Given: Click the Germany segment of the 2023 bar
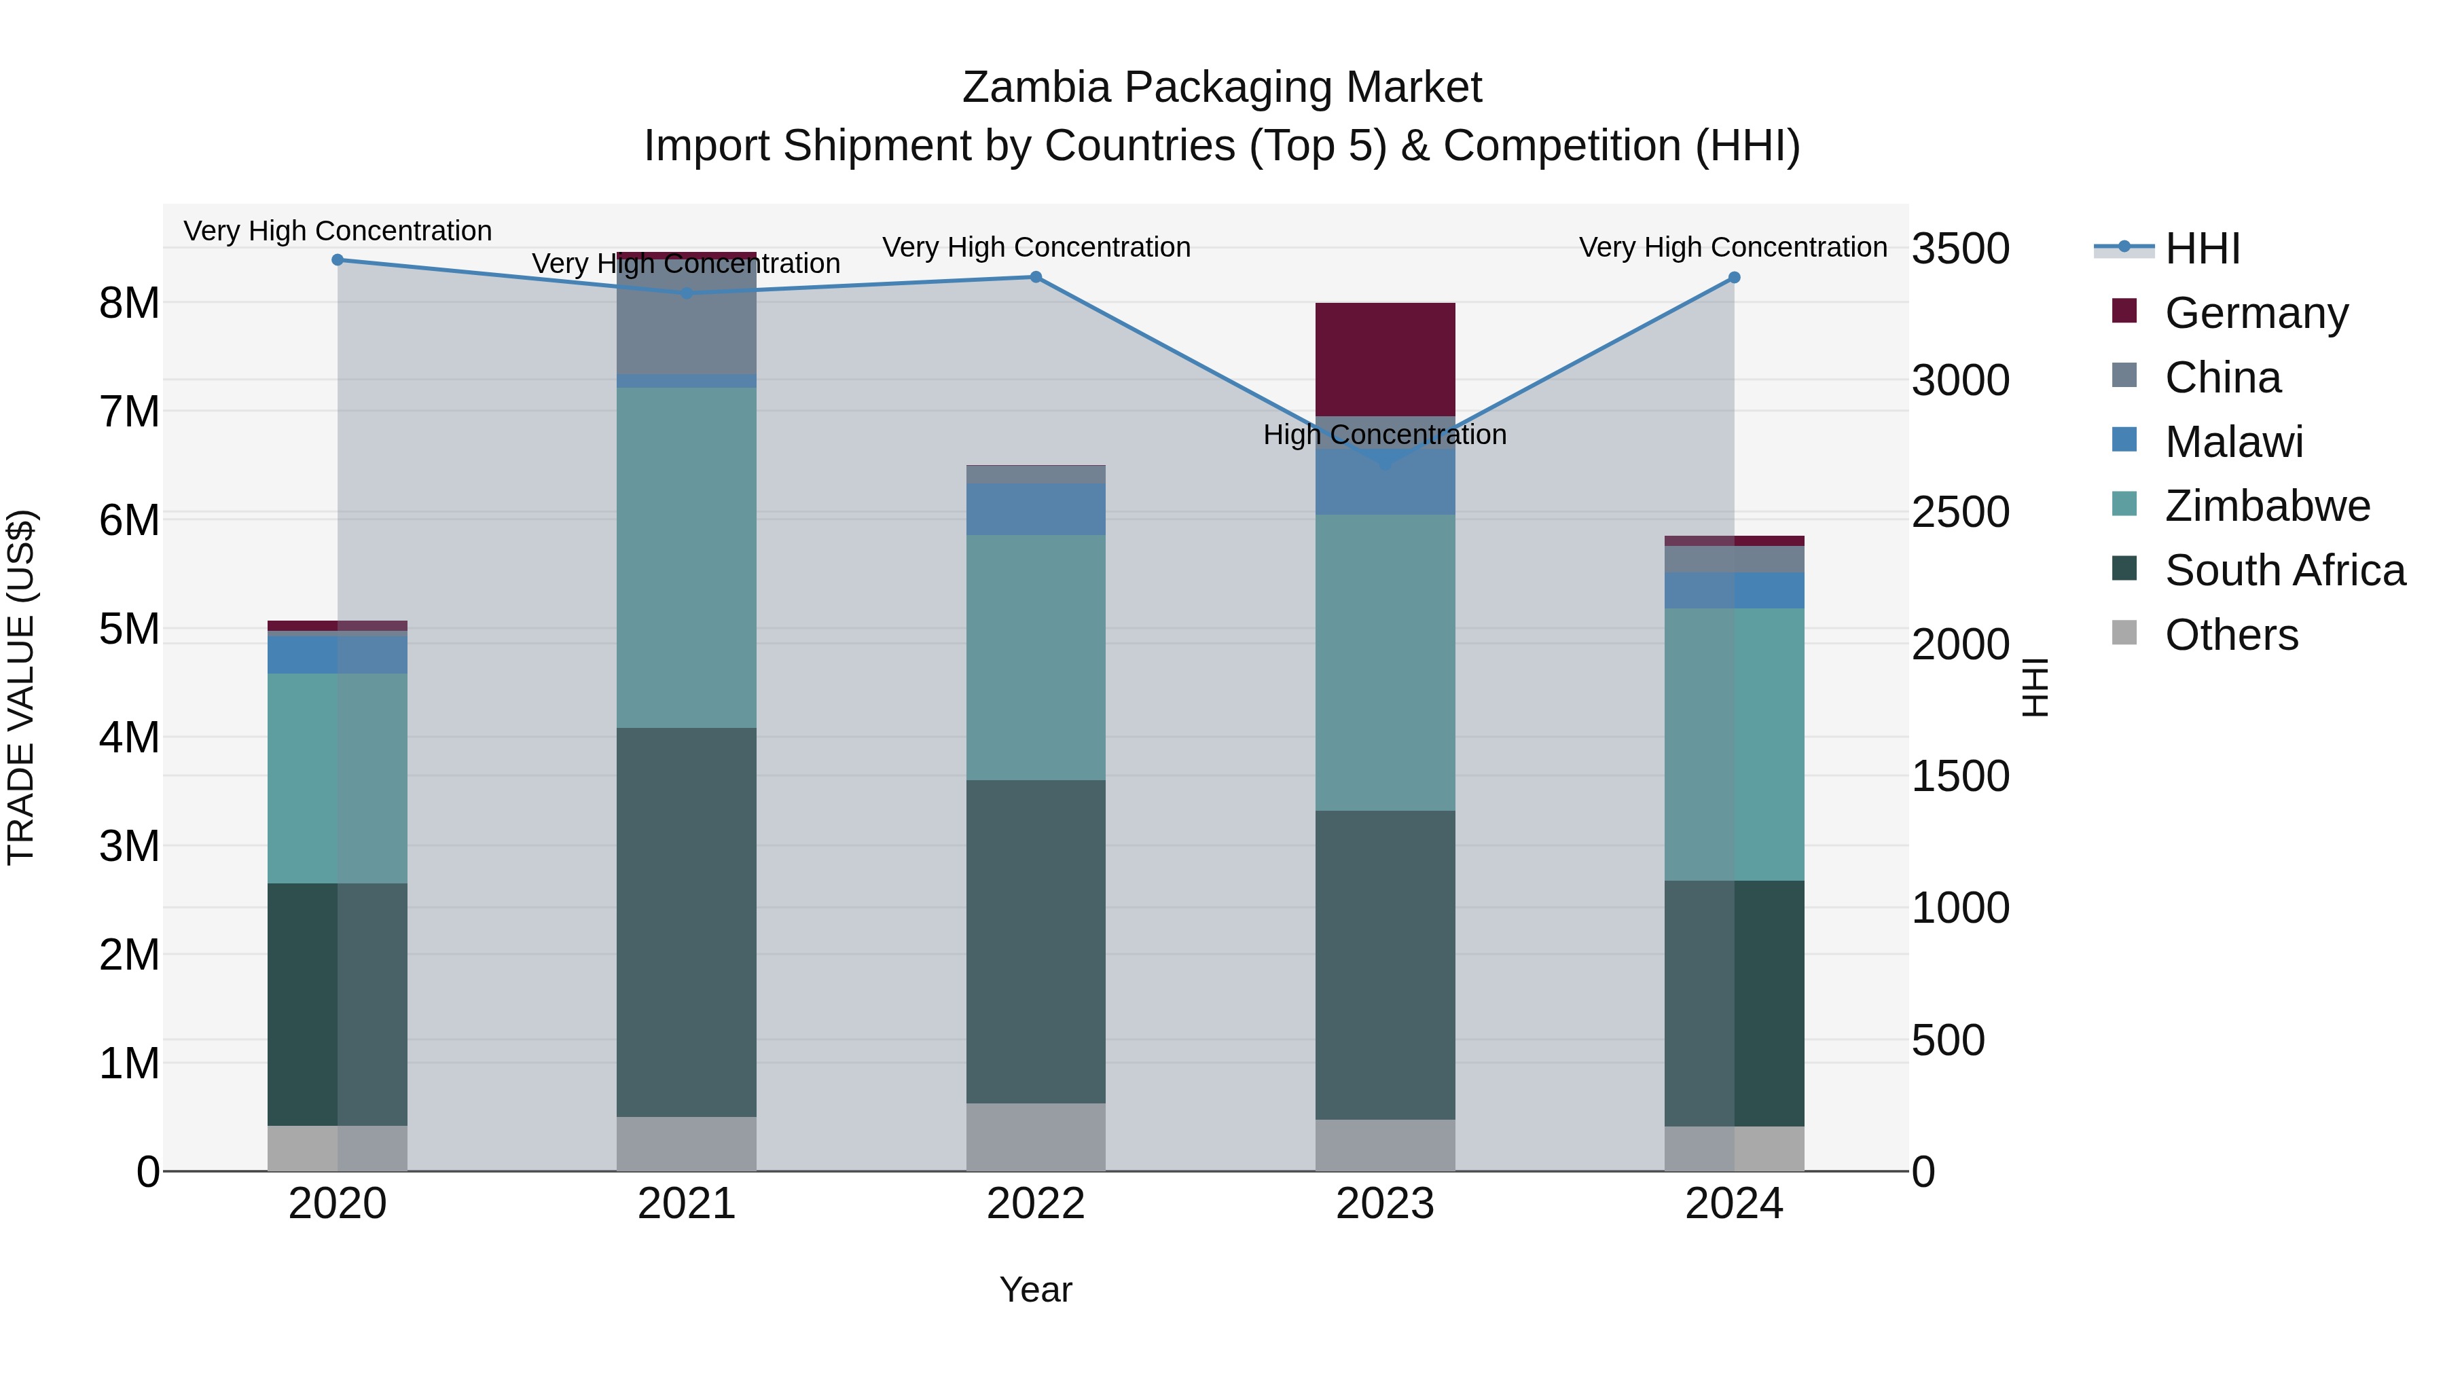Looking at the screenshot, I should pyautogui.click(x=1385, y=360).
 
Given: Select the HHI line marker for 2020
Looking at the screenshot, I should pyautogui.click(x=338, y=260).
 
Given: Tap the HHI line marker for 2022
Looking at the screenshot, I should pyautogui.click(x=1036, y=277).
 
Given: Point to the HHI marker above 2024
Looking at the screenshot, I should pyautogui.click(x=1734, y=278).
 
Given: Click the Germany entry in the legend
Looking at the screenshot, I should pyautogui.click(x=2255, y=313).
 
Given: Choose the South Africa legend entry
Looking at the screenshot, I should pyautogui.click(x=2283, y=570).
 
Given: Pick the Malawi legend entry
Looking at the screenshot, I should pyautogui.click(x=2233, y=442).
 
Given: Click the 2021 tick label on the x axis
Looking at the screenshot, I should pyautogui.click(x=686, y=1204).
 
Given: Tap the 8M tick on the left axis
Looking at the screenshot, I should pyautogui.click(x=129, y=304).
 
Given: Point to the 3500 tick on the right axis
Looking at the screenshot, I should pyautogui.click(x=1960, y=249).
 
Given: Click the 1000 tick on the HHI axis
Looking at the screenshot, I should pyautogui.click(x=1960, y=908).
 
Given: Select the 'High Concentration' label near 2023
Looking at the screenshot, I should pyautogui.click(x=1384, y=435).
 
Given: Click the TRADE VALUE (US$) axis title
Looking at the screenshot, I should pyautogui.click(x=22, y=687).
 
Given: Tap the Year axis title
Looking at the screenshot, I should pyautogui.click(x=1036, y=1289).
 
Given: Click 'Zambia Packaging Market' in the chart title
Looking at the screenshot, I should pyautogui.click(x=1222, y=88).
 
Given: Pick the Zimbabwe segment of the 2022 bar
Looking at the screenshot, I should pyautogui.click(x=1036, y=657).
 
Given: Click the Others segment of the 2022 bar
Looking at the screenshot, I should pyautogui.click(x=1036, y=1137).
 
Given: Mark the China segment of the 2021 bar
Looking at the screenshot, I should pyautogui.click(x=686, y=318).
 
